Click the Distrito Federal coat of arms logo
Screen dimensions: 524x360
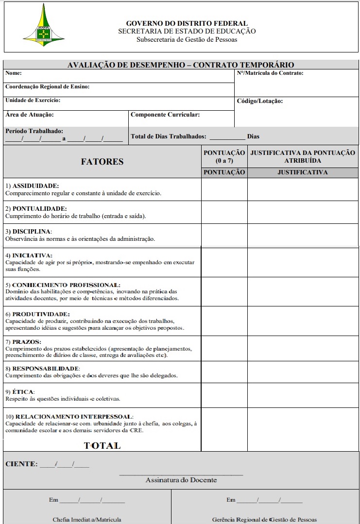44,25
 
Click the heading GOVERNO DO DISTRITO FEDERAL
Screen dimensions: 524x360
187,23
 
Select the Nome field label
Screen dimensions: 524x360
14,73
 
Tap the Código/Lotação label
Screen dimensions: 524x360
259,101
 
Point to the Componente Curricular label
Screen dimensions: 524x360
165,115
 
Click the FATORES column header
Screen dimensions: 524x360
102,162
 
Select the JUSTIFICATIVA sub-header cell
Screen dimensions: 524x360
303,172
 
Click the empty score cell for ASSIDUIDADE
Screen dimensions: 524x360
224,189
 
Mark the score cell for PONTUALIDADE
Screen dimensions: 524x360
224,212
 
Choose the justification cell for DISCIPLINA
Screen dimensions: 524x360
303,235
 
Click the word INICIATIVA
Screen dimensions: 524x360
32,255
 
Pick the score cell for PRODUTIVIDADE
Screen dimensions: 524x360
224,321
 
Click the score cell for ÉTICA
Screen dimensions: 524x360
224,395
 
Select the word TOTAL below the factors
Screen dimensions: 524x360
102,445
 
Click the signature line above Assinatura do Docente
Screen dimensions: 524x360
181,474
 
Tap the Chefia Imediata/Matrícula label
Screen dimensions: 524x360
87,520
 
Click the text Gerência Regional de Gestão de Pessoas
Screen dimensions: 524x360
264,520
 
